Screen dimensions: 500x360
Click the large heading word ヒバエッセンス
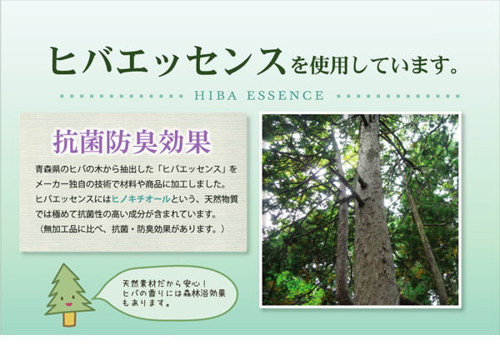167,61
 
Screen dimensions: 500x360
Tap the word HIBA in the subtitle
216,96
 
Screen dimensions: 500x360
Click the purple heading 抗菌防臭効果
132,142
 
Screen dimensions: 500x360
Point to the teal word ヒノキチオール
141,199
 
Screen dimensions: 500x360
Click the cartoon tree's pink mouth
68,304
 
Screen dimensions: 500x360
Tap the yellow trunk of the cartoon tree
69,319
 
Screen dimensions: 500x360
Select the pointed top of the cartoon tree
64,264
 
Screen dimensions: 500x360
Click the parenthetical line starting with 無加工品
132,229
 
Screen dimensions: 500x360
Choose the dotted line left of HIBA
122,96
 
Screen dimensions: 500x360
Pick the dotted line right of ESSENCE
398,96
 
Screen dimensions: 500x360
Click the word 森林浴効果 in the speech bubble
206,293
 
